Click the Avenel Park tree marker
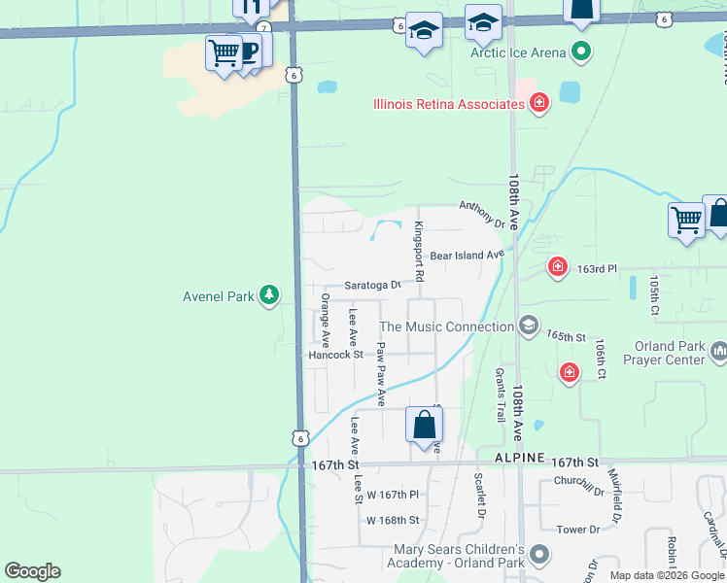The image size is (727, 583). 269,295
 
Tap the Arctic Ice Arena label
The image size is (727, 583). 518,51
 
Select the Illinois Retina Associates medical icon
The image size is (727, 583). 539,103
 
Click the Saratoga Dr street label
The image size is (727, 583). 372,286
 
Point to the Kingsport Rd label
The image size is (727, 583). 419,252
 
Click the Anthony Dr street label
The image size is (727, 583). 483,215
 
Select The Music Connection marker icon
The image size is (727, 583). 528,326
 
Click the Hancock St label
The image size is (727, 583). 335,355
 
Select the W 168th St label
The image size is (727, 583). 393,520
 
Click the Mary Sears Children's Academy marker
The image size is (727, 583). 539,555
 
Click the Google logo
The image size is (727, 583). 32,571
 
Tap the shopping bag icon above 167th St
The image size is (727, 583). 424,425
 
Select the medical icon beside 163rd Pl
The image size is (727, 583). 557,265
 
